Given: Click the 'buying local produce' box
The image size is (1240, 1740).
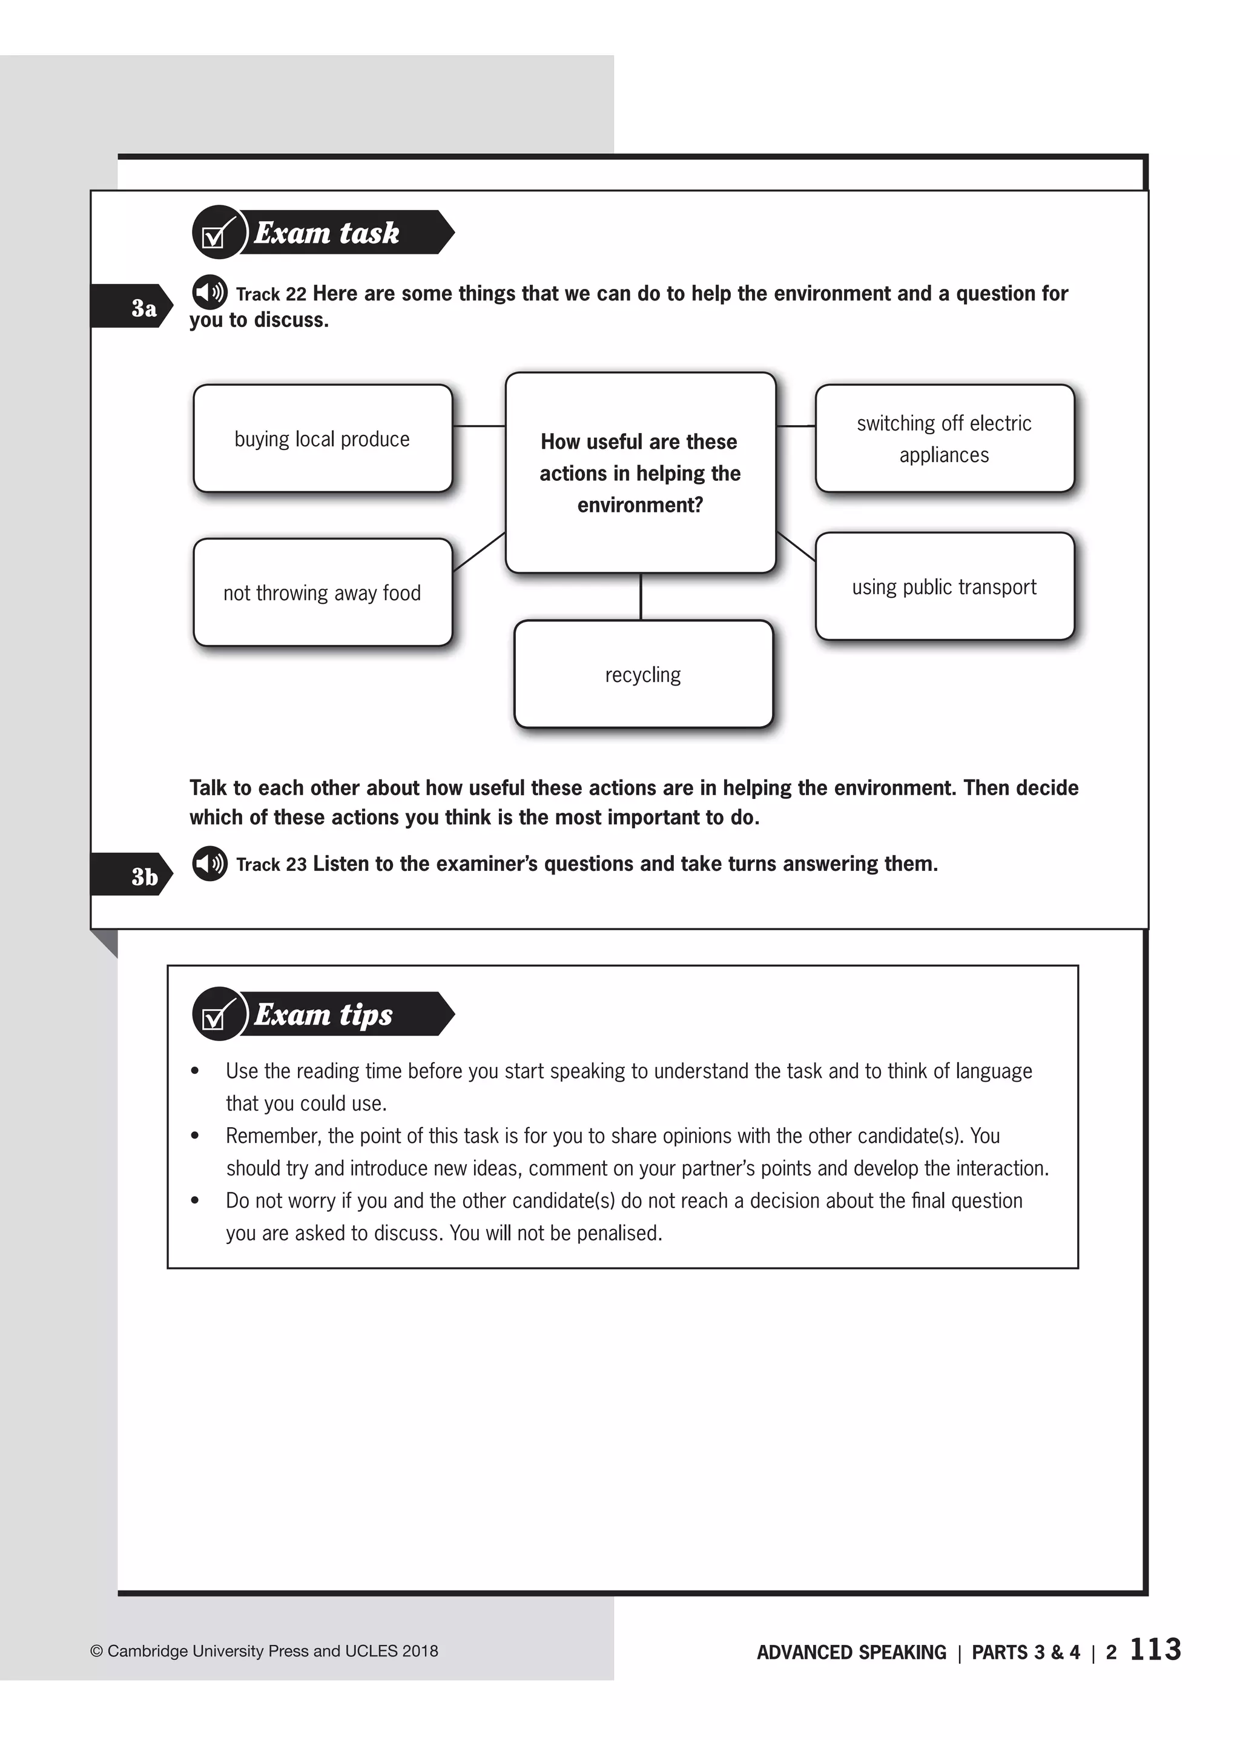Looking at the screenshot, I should (x=322, y=438).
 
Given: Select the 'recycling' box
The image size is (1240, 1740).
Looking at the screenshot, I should (x=643, y=675).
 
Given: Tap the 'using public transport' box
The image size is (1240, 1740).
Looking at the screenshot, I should (x=944, y=587).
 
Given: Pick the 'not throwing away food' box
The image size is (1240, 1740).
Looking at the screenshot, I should (x=322, y=593).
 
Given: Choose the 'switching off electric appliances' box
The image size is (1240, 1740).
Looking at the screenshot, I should (x=944, y=438).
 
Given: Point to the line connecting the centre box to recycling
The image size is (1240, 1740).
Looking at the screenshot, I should (x=641, y=597).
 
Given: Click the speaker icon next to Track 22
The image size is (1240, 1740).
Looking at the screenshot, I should (x=209, y=292).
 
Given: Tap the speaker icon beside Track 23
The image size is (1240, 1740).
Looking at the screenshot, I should (x=209, y=863).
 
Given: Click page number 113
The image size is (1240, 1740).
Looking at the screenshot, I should (x=1155, y=1649).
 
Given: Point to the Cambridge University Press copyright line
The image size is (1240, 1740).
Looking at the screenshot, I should (x=264, y=1650).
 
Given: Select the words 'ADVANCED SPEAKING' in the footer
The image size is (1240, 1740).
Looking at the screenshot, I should (x=851, y=1652).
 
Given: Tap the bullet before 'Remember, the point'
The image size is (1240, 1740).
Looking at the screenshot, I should (x=196, y=1136).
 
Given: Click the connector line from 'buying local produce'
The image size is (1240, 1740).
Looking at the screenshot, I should (x=479, y=425).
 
